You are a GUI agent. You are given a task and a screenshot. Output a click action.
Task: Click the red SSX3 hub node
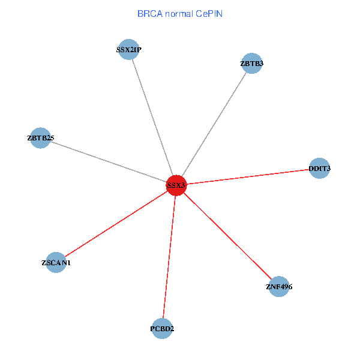coord(176,185)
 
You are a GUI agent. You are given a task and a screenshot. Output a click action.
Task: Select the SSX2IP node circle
coord(129,49)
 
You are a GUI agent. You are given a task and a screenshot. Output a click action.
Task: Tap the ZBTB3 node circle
coord(252,63)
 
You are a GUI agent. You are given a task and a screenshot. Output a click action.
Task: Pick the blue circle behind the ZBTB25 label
coord(40,138)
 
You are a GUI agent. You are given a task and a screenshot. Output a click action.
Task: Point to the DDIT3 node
coord(319,169)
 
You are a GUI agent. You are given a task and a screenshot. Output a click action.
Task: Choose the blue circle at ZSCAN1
coord(56,262)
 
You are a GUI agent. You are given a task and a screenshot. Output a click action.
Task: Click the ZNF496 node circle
coord(279,287)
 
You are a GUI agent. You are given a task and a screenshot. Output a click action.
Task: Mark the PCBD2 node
coord(162,328)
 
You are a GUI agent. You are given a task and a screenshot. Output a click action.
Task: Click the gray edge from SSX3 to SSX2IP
coord(152,116)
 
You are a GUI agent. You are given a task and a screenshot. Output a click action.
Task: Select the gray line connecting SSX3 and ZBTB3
coord(214,125)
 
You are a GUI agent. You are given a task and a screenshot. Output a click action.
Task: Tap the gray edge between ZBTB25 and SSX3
coord(108,162)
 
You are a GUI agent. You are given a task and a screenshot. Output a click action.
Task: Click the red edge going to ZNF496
coord(228,236)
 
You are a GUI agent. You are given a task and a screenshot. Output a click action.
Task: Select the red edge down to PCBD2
coord(169,257)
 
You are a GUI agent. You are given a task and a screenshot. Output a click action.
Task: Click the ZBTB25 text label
coord(41,138)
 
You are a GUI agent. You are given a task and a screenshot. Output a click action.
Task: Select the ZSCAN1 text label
coord(56,263)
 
